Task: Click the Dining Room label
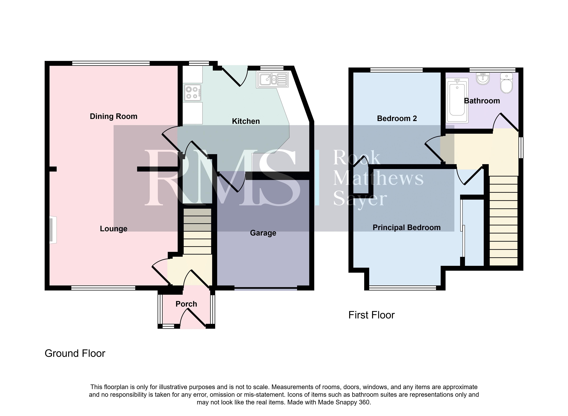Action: coord(113,116)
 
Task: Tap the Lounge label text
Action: coord(113,229)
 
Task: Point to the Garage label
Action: coord(263,233)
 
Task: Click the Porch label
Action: coord(186,304)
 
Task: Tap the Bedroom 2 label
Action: coord(397,118)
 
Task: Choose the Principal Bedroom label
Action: coord(407,227)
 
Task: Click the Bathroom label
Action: coord(482,101)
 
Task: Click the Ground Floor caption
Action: coord(75,354)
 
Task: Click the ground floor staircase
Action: coord(197,231)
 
